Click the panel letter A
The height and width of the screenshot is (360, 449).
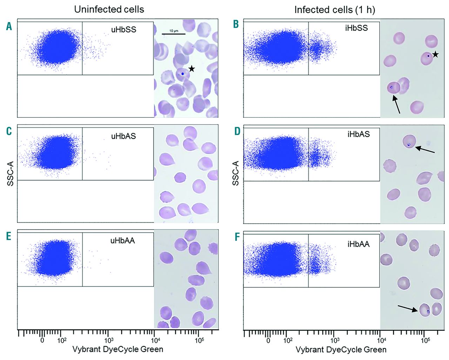[9, 26]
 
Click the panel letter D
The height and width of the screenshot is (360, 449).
[237, 131]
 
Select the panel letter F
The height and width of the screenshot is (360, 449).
[237, 237]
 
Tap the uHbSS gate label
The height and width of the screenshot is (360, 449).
[123, 29]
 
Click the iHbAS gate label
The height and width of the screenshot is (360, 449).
[358, 134]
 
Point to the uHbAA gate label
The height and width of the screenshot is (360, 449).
[122, 240]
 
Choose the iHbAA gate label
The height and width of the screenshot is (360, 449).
[358, 244]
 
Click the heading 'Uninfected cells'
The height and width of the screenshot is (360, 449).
[109, 9]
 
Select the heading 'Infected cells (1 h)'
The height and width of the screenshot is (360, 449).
[335, 10]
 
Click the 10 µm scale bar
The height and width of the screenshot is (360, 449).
[174, 34]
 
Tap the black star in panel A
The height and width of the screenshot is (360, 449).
[192, 69]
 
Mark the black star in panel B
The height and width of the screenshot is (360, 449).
[435, 54]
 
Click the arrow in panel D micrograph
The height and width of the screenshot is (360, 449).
[425, 150]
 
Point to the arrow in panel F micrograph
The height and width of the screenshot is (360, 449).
[408, 308]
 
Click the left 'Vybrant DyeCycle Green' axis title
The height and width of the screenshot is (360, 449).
[118, 349]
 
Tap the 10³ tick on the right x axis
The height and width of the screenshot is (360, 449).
[335, 340]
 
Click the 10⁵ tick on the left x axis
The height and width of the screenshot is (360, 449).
[199, 340]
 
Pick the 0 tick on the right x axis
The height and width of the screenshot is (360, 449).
[268, 340]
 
